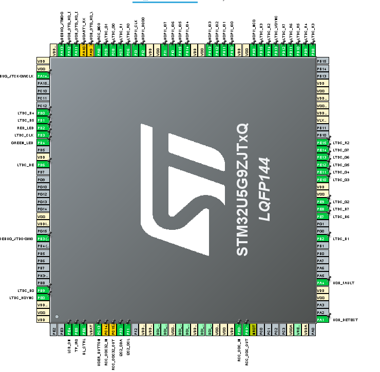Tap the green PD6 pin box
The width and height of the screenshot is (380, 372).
(43, 164)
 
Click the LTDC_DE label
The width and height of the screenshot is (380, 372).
(26, 164)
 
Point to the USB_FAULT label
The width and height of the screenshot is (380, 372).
(343, 283)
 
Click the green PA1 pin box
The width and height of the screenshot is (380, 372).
(322, 320)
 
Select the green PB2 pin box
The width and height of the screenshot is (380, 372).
(322, 239)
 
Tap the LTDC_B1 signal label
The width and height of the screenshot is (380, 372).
(341, 239)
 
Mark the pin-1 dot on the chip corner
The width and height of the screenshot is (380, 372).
(57, 317)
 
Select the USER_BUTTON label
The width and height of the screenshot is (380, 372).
(98, 347)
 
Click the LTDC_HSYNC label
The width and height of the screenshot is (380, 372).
(22, 298)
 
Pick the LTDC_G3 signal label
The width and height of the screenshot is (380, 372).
(341, 180)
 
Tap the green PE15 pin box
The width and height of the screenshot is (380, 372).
(322, 142)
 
